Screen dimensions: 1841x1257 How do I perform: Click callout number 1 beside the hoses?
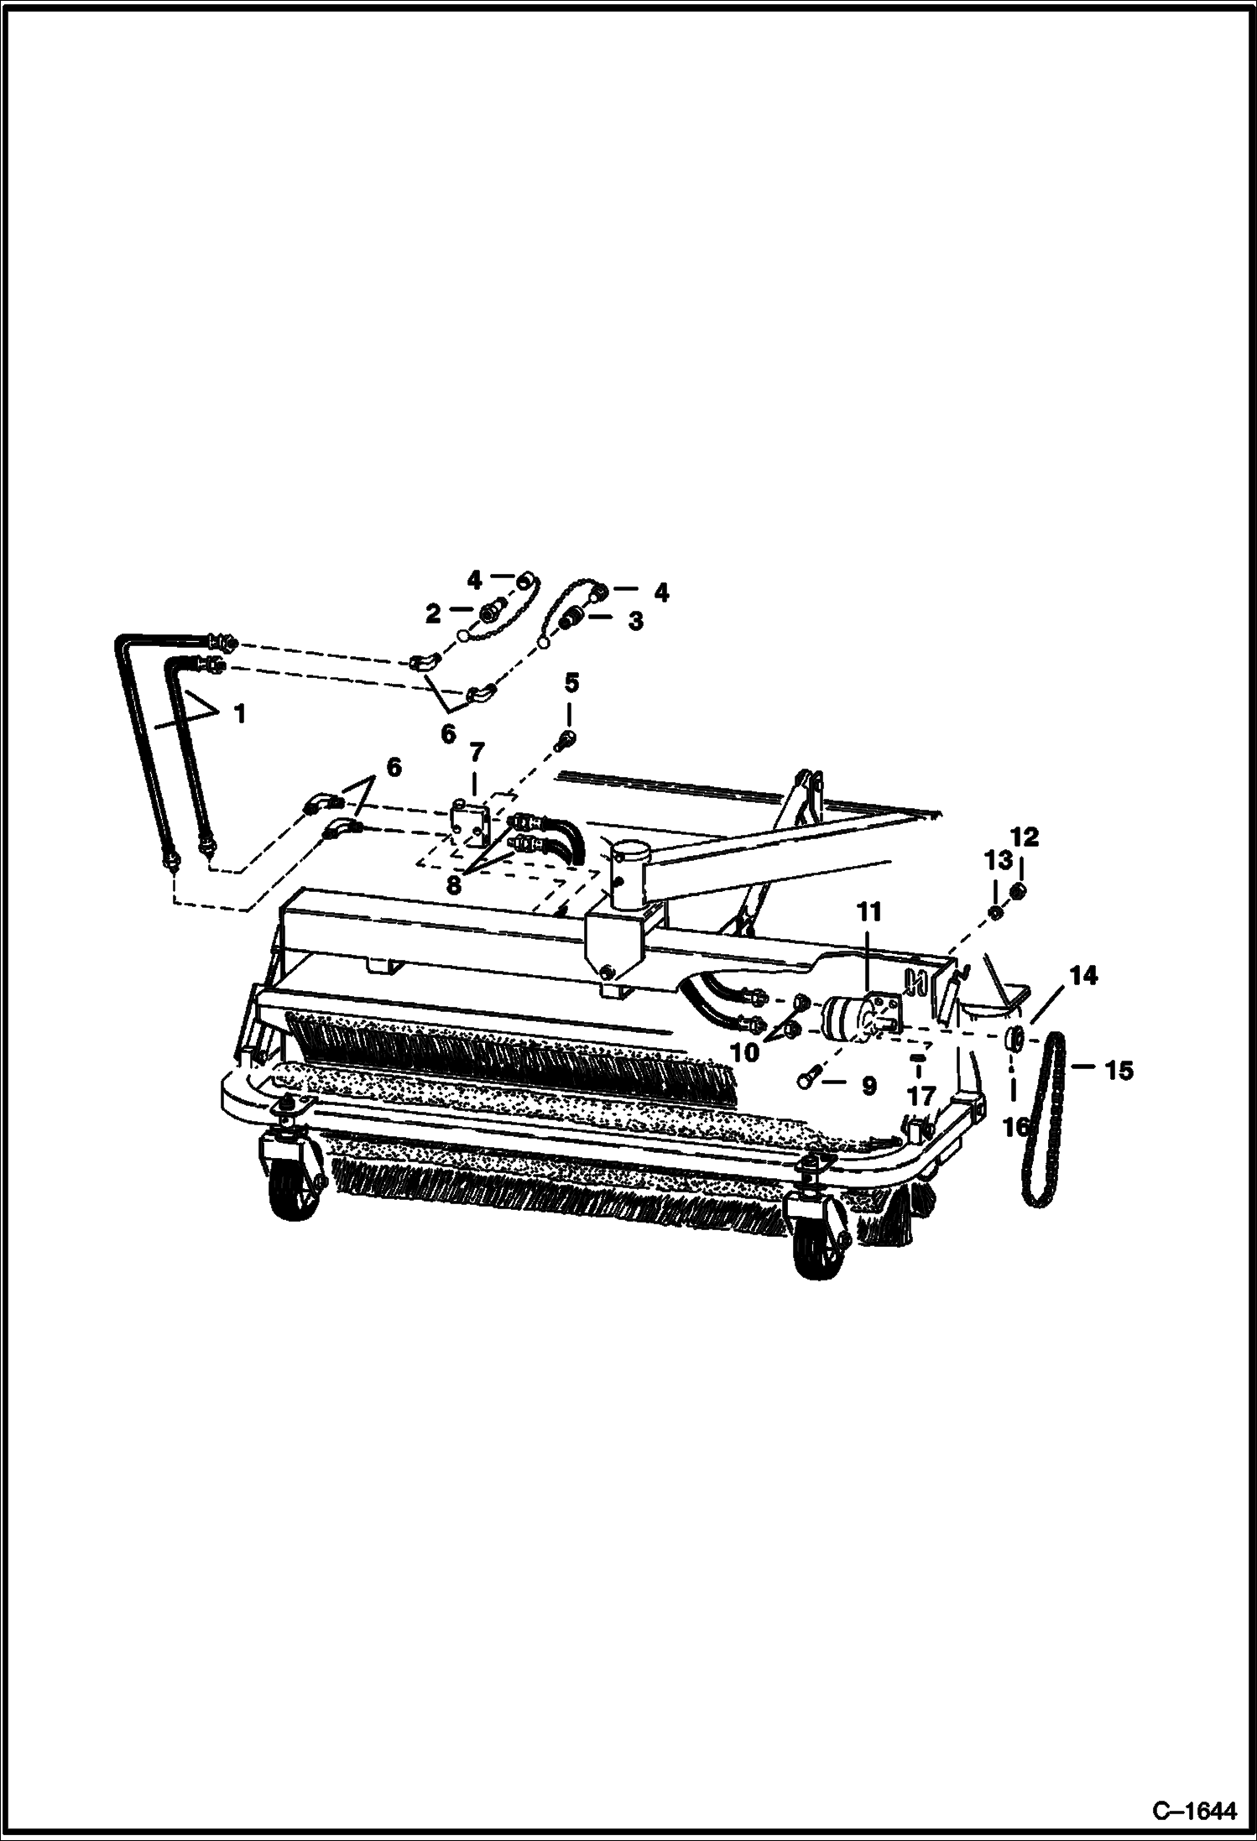pos(240,714)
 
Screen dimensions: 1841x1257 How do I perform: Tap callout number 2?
pos(433,613)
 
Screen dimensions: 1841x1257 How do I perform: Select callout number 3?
pos(635,621)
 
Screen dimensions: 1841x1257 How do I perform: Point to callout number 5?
pos(571,682)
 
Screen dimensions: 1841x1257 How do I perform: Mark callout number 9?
pos(868,1087)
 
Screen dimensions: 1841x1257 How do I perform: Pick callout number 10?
pos(745,1051)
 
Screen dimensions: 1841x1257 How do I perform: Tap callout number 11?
pos(868,910)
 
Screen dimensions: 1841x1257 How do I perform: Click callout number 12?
pos(1025,837)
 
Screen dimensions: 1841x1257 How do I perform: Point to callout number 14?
pos(1083,975)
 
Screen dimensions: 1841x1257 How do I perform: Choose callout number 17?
pos(921,1096)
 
